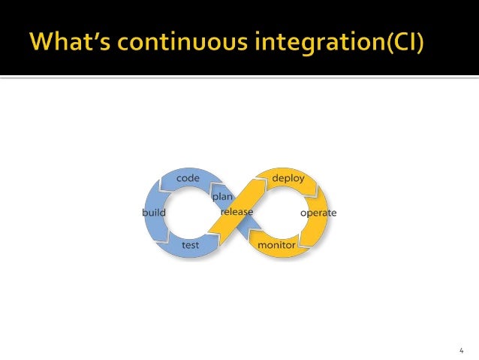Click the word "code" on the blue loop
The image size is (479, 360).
point(188,179)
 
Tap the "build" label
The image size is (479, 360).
point(154,213)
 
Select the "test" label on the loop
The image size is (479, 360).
point(191,245)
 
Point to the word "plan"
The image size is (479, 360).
point(222,196)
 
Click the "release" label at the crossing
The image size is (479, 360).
point(236,213)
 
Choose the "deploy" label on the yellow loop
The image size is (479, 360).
point(288,179)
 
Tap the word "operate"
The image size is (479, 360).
point(318,213)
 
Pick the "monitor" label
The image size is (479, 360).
point(276,246)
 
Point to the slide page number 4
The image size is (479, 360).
point(461,350)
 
